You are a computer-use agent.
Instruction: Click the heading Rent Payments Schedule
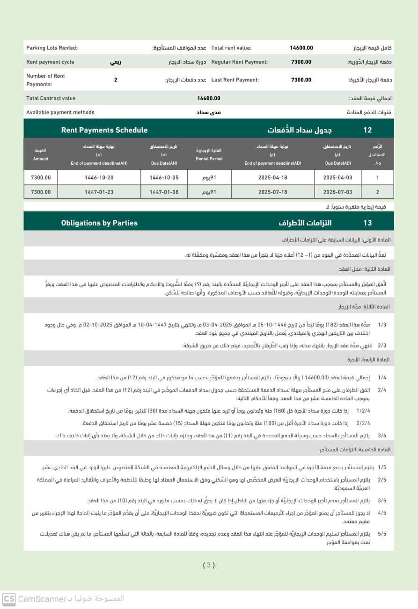click(104, 130)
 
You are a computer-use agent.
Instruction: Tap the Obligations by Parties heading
click(99, 223)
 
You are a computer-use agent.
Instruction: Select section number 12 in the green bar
click(367, 130)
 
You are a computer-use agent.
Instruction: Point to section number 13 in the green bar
click(367, 223)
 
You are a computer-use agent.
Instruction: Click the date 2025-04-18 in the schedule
click(272, 178)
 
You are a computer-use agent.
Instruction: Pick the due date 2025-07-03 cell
click(337, 192)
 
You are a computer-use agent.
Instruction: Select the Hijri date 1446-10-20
click(99, 178)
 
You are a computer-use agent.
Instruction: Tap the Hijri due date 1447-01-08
click(164, 192)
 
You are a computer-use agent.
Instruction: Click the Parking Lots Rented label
click(51, 48)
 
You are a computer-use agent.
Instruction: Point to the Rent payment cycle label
click(50, 62)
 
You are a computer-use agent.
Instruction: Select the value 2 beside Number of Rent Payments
click(116, 80)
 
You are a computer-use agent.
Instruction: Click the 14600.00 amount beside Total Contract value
click(208, 98)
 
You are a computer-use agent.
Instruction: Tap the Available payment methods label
click(60, 112)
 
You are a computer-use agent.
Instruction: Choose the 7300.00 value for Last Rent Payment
click(301, 80)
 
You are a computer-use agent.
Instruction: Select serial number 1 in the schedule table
click(377, 178)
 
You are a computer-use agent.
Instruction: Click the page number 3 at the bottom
click(209, 565)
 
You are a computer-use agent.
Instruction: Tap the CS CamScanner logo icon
click(8, 599)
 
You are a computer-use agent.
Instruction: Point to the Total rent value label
click(231, 48)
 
